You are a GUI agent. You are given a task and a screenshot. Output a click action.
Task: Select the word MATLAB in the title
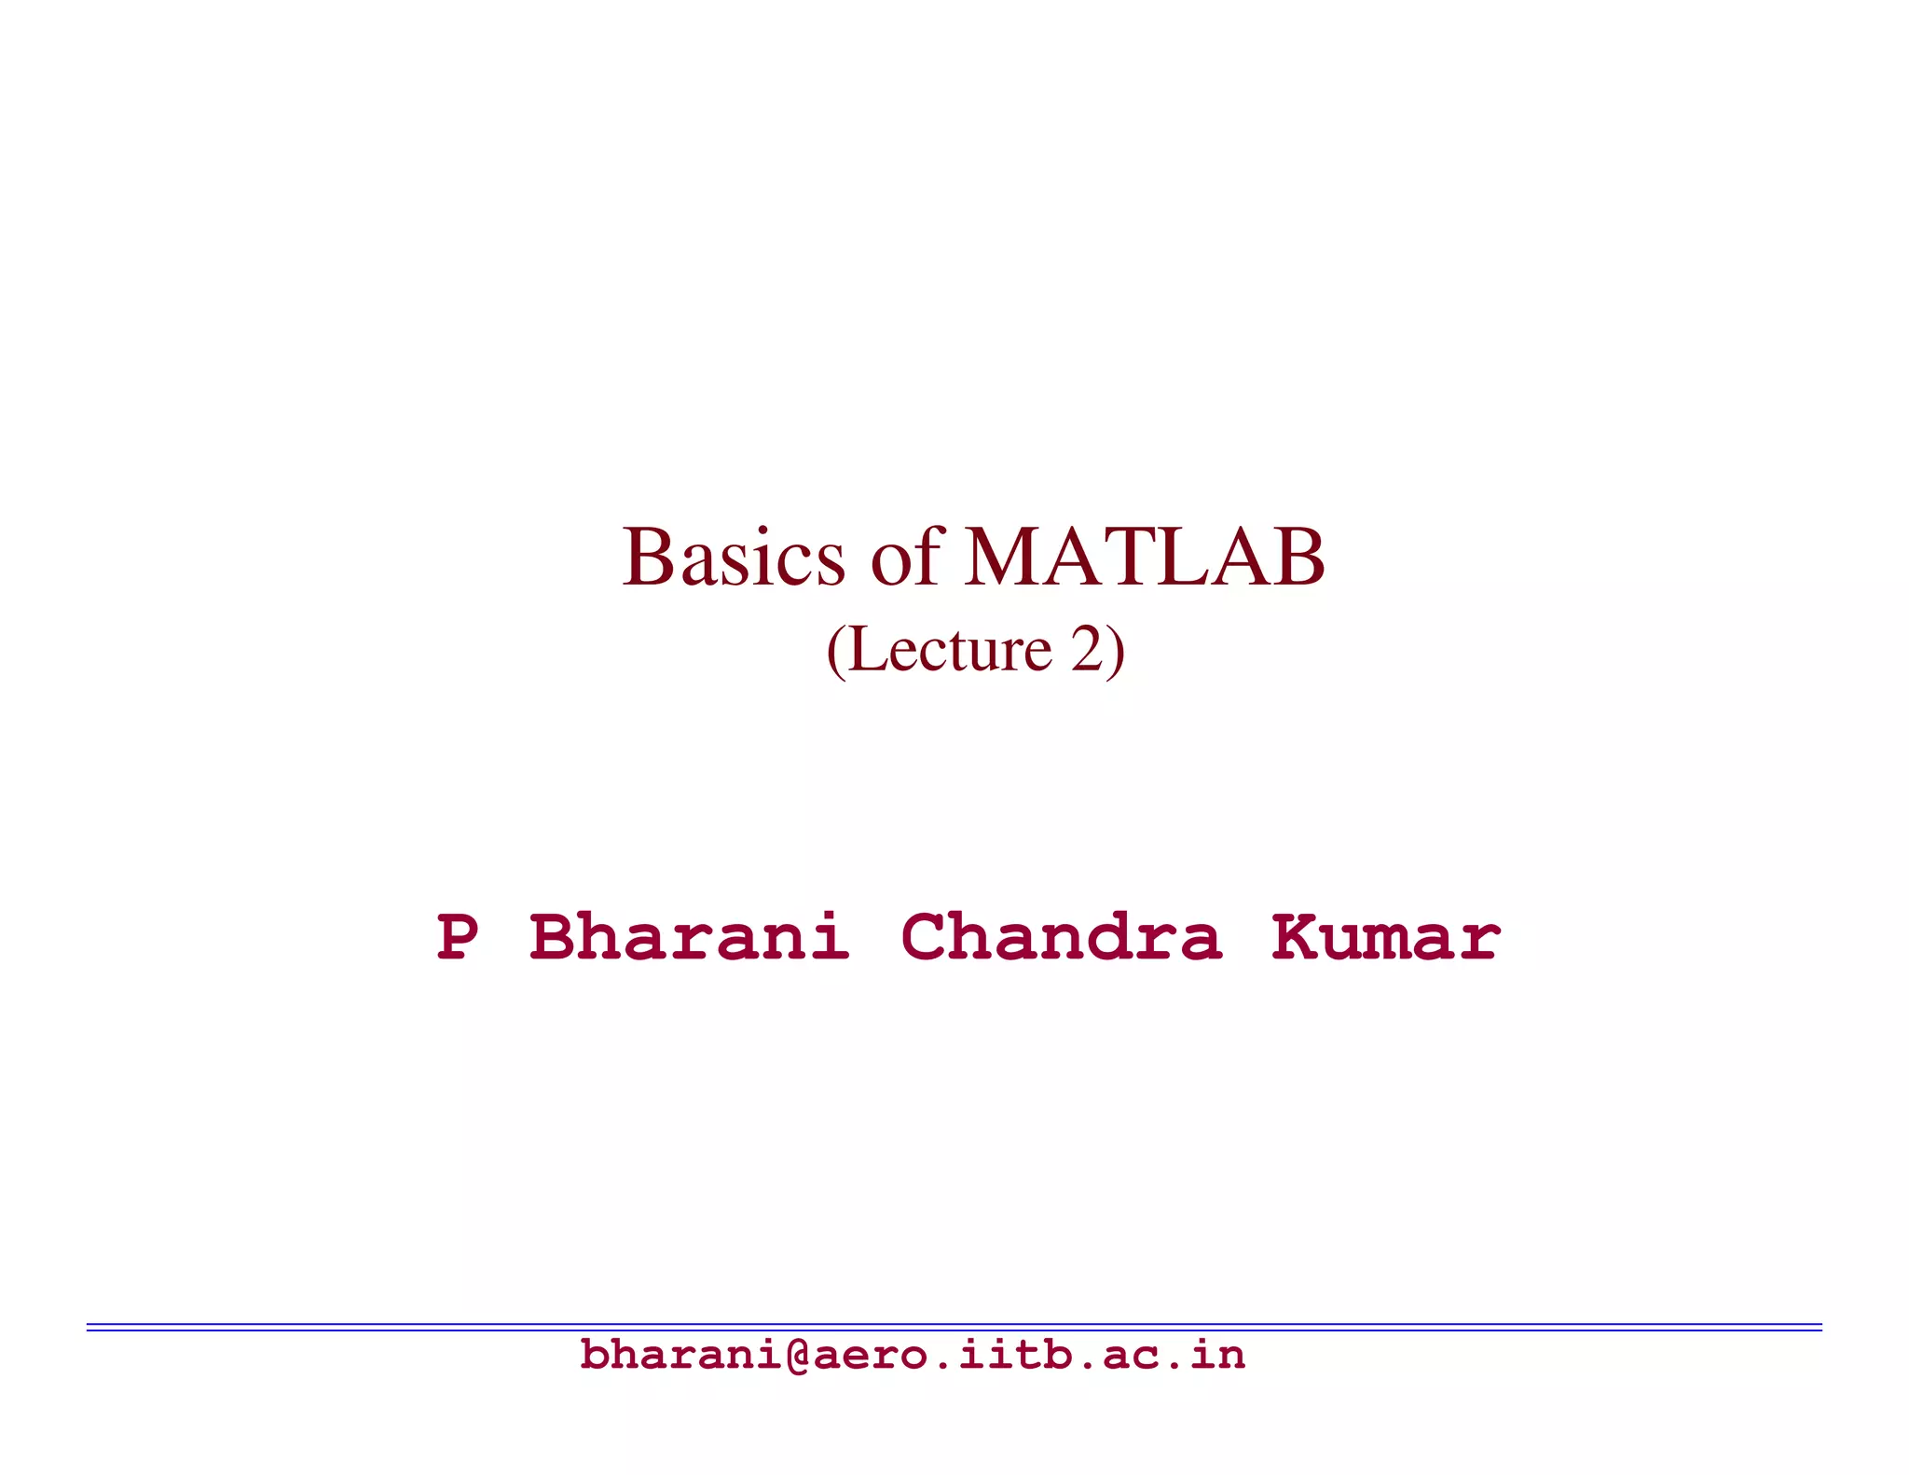point(1145,558)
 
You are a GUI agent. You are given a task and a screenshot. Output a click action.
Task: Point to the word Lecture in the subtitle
point(950,650)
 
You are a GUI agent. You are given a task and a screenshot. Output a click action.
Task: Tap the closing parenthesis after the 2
point(1116,652)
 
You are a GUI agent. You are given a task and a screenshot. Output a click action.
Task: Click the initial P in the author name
point(458,937)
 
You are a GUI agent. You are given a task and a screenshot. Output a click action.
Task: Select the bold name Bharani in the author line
point(689,937)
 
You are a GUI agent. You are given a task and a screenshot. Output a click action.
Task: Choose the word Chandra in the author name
point(1061,937)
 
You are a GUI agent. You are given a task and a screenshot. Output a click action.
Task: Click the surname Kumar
point(1386,937)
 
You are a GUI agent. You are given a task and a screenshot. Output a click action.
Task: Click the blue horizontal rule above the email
point(954,1326)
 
